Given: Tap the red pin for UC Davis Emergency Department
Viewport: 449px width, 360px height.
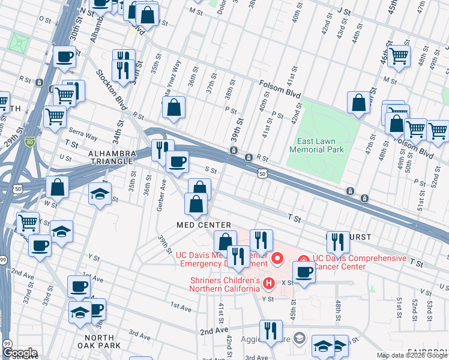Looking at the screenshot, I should coord(277,259).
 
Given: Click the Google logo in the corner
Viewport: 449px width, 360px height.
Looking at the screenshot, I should coord(20,353).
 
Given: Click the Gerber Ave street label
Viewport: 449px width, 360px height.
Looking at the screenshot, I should coord(160,198).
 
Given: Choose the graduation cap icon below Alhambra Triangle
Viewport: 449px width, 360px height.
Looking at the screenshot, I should coord(100,193).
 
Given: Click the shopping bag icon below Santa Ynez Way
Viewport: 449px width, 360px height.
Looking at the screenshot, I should coord(173,107).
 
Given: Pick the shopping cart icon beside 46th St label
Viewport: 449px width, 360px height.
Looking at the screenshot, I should coord(399,56).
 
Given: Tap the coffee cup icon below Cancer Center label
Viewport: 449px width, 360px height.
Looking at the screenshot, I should coord(304,272).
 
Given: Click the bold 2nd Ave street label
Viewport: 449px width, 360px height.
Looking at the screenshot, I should coord(215,331).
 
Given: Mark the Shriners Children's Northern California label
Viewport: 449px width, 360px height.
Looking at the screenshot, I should coord(224,284).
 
